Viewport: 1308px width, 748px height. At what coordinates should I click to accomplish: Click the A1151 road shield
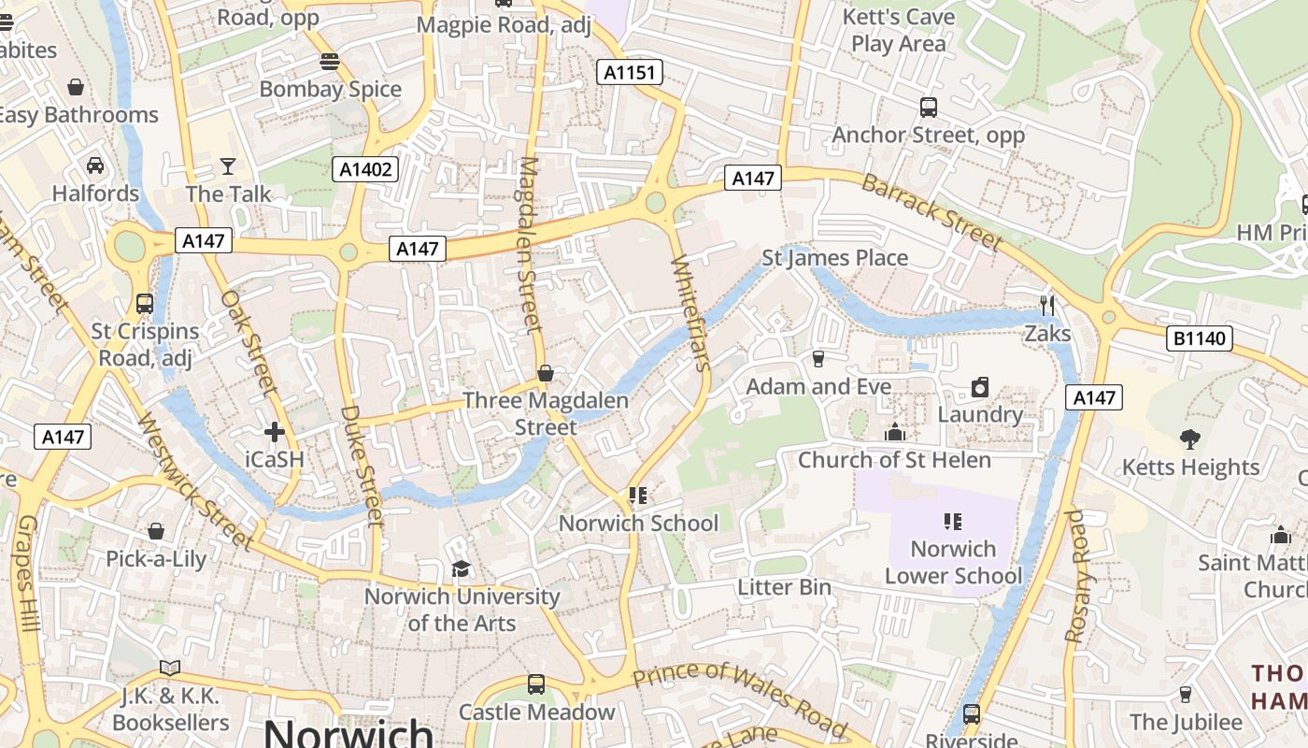(x=630, y=72)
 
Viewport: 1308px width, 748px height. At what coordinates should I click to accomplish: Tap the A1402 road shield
(x=365, y=169)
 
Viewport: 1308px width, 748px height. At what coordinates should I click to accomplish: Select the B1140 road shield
(x=1199, y=338)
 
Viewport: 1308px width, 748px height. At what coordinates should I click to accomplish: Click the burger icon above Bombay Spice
(x=329, y=62)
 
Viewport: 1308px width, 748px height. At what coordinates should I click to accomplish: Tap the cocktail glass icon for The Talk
(x=228, y=166)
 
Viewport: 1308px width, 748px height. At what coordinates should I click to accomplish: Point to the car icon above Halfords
(x=94, y=165)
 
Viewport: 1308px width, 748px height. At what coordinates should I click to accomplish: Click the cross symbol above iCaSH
(x=274, y=432)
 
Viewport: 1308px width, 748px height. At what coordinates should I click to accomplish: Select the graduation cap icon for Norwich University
(x=461, y=568)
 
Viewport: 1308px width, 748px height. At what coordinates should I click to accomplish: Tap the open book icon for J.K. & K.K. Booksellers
(x=169, y=668)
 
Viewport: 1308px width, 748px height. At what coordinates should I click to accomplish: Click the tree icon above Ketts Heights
(x=1189, y=439)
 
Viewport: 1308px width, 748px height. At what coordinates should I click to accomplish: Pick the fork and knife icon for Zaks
(x=1047, y=305)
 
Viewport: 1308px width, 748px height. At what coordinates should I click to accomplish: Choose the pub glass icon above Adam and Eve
(x=818, y=358)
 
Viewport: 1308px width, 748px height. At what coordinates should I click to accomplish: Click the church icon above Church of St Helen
(x=894, y=432)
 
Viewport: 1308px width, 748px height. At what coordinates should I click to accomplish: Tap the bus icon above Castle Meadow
(x=536, y=684)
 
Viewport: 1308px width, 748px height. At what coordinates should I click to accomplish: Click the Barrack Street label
(x=931, y=211)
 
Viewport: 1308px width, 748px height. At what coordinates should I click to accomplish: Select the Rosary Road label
(x=1077, y=576)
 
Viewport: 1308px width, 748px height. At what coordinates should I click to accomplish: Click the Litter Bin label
(x=784, y=587)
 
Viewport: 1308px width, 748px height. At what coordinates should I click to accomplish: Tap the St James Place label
(x=834, y=258)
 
